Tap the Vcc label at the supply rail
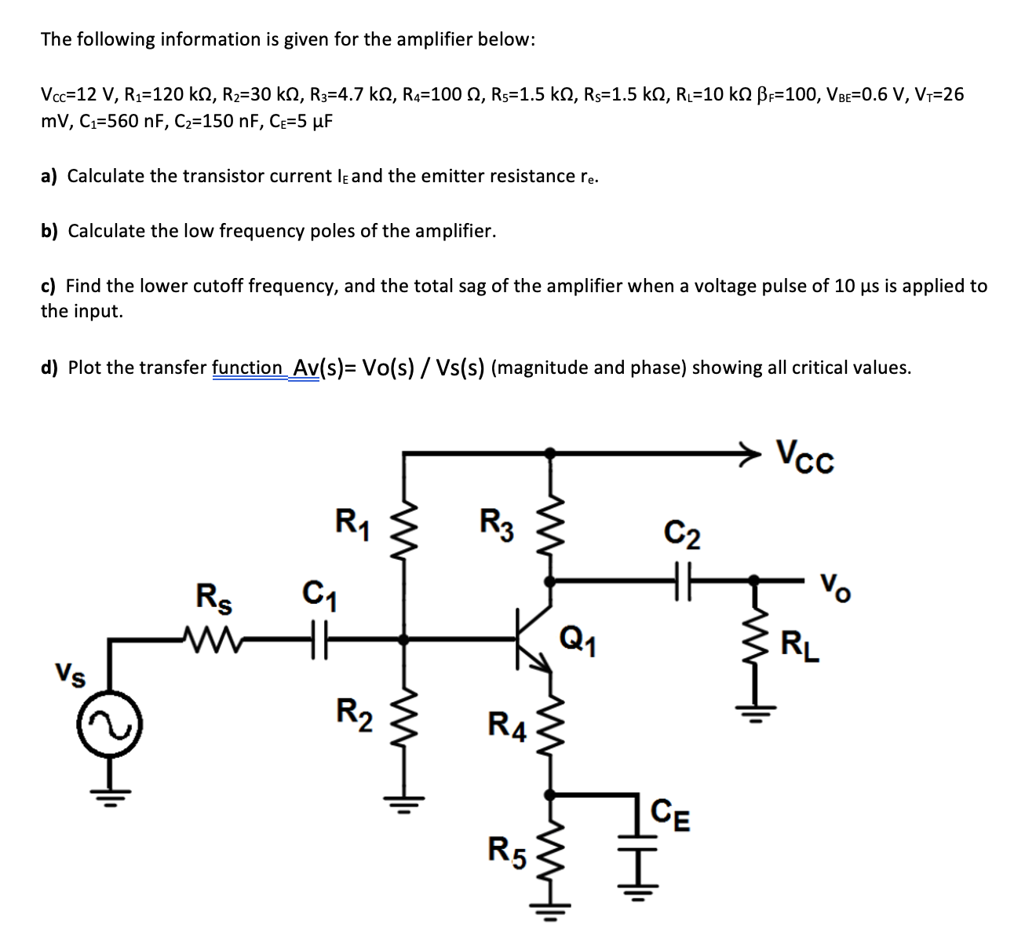click(805, 456)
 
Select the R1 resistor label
click(348, 521)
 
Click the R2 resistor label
click(350, 712)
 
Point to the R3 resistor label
click(496, 524)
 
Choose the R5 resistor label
click(504, 850)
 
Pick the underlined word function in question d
click(246, 368)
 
